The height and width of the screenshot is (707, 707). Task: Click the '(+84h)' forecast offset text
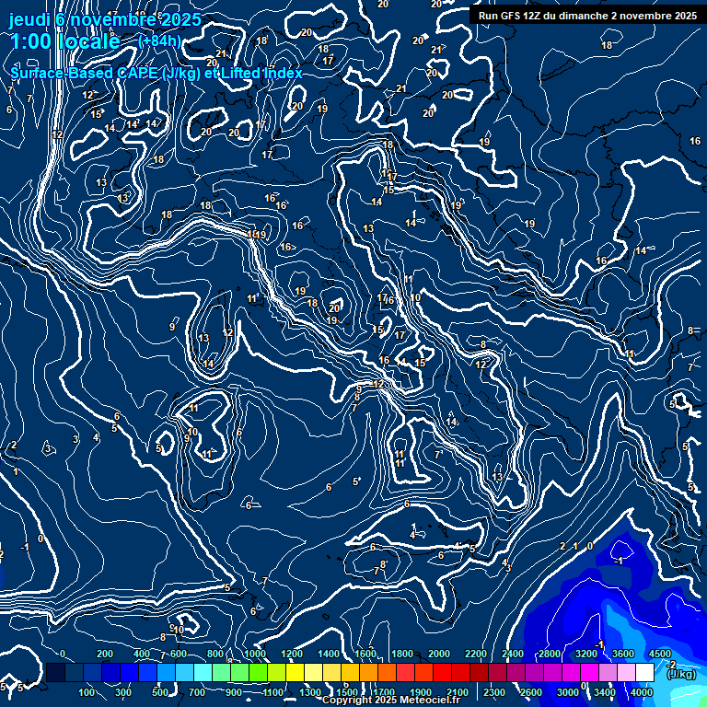159,41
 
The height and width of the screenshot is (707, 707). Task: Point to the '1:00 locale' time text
64,42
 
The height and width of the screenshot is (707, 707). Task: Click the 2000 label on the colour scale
439,654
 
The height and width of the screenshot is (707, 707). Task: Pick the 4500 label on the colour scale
659,654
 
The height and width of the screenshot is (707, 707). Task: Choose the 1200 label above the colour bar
292,654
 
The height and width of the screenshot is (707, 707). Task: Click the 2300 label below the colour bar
493,692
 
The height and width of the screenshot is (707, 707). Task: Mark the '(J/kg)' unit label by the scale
681,675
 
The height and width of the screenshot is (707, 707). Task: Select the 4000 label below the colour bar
642,692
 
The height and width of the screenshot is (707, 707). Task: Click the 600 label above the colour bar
179,654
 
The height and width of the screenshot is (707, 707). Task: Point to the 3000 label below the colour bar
568,692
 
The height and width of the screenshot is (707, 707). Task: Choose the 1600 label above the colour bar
365,654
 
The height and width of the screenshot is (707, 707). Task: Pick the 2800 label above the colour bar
550,654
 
